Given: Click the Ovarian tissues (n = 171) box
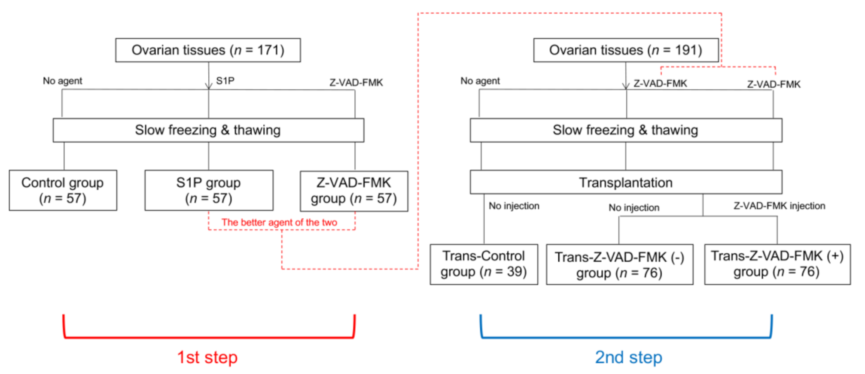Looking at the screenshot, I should coord(208,50).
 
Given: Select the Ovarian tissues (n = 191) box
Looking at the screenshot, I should coord(625,50).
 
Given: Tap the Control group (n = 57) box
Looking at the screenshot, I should coord(63,190).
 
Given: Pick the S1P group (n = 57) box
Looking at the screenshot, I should coord(209,190).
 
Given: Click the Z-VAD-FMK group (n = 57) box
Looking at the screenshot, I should coord(354,191).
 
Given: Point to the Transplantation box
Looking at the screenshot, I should coord(626,182).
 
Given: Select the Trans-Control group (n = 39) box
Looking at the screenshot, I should coord(484,264).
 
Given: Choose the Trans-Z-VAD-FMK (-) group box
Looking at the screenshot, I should coord(619,265).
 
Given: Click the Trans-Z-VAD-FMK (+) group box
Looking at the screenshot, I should coord(777,264).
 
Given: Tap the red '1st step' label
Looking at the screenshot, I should coord(207,357).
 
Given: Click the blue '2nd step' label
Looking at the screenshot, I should coord(628,357).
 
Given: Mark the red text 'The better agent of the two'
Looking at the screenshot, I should coord(279,222).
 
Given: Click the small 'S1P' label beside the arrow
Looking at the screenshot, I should coord(225,81).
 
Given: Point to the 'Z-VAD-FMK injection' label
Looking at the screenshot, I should coord(779,206).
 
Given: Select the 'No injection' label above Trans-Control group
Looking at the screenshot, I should coord(514,206).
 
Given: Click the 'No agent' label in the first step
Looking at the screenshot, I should coord(62,81).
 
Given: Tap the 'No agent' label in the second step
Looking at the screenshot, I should coord(480,81).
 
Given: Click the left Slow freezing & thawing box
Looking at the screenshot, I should coord(208,130).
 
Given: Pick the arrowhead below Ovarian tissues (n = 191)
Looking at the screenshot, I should coord(626,85).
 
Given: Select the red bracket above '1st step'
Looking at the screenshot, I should coord(209,337).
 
